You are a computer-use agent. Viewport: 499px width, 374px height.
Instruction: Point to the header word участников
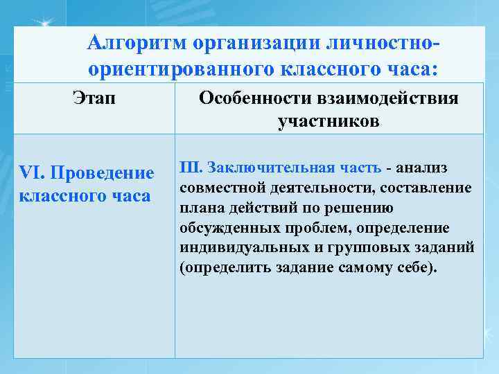pyautogui.click(x=329, y=122)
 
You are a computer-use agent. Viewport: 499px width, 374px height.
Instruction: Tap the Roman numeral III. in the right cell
pyautogui.click(x=191, y=168)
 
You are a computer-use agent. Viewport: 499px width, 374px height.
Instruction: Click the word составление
pyautogui.click(x=430, y=188)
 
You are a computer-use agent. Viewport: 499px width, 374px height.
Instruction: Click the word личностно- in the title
pyautogui.click(x=374, y=44)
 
